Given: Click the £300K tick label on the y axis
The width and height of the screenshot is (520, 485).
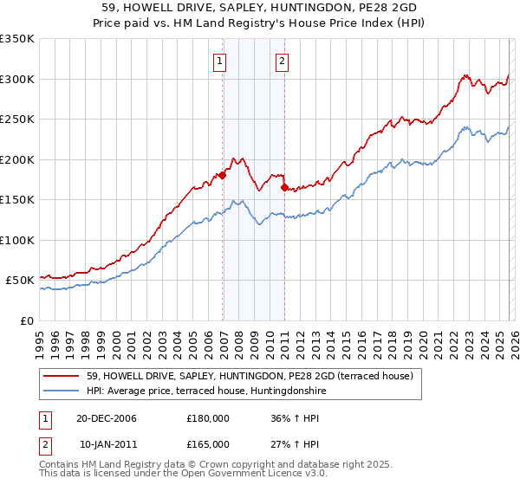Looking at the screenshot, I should point(16,79).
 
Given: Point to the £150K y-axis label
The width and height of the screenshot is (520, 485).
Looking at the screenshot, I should point(16,199).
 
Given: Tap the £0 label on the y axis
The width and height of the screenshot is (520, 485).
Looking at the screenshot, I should point(26,320).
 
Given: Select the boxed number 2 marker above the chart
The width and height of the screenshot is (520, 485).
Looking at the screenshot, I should point(283,61).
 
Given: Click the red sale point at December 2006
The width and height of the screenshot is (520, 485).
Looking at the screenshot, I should point(223,175).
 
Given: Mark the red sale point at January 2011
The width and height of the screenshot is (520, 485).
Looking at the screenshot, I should point(284,187).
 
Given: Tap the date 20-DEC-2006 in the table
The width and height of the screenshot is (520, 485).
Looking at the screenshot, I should point(107,418).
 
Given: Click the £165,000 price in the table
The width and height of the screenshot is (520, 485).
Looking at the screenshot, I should point(208,443).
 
